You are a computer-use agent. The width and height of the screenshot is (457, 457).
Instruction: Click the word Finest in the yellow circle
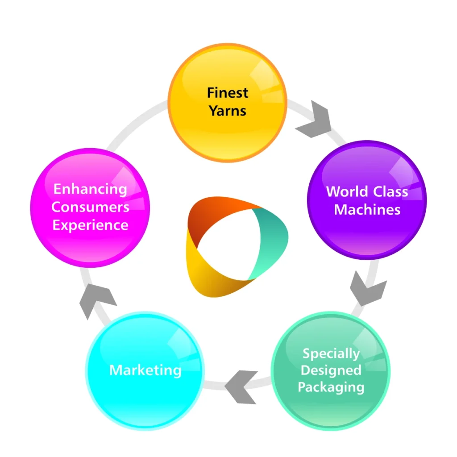[228, 93]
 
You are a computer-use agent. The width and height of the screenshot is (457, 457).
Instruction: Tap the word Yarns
[228, 111]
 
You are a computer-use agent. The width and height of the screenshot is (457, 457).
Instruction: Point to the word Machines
[367, 209]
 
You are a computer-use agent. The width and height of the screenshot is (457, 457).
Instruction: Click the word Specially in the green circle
[331, 354]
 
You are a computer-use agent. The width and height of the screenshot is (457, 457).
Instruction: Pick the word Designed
[331, 370]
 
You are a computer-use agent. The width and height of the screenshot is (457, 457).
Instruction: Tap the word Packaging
[331, 386]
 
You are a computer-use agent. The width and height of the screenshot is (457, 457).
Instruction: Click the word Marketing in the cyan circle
[145, 370]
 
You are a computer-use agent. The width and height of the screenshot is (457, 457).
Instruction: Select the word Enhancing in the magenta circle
[90, 189]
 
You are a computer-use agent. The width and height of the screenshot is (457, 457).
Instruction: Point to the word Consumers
[90, 207]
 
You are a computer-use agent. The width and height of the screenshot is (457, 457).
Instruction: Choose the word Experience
[90, 224]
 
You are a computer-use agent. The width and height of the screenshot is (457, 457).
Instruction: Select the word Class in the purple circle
[391, 191]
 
